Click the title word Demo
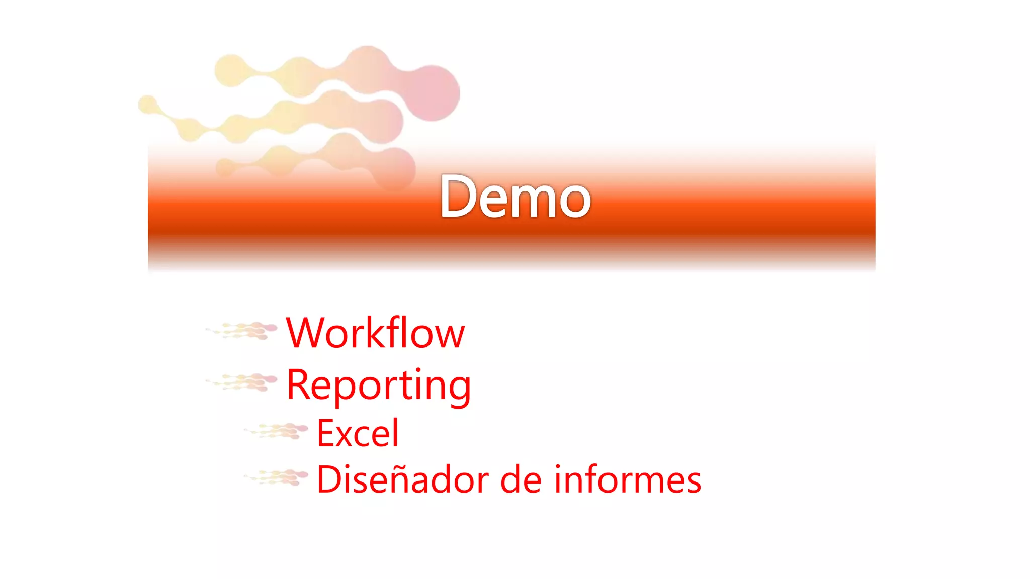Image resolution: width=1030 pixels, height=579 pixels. coord(515,197)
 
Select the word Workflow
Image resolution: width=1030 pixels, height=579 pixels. coord(375,333)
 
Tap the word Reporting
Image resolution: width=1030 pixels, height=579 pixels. coord(379,385)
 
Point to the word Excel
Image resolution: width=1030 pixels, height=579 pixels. coord(358,433)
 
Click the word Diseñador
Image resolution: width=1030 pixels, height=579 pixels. coord(402,479)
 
